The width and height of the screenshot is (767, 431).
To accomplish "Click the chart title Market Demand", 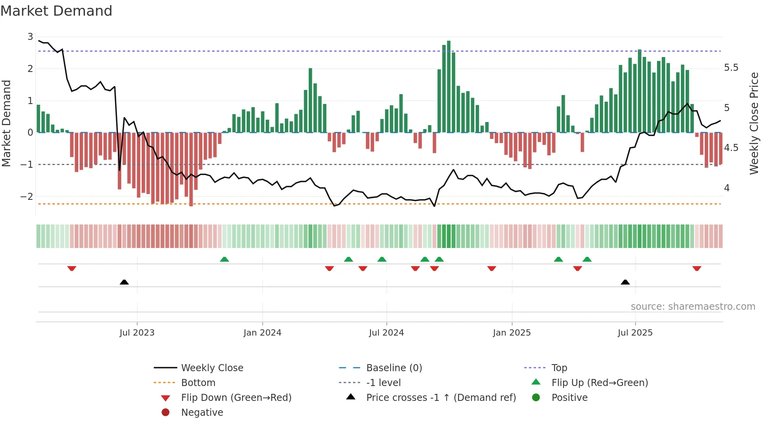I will point(56,11).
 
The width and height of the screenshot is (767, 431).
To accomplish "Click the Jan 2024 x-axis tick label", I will point(262,332).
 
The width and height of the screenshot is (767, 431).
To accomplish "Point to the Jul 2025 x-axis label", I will point(635,332).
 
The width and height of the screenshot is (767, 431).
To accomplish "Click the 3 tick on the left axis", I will point(30,37).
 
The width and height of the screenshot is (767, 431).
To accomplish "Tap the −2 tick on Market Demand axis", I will point(27,196).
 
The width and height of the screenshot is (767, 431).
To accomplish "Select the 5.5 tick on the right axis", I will point(731,68).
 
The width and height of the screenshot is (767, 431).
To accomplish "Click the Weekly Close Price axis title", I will point(754,123).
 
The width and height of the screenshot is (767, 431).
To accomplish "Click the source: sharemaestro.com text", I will point(693,306).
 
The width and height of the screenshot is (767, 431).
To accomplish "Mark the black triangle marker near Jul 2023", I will point(124,282).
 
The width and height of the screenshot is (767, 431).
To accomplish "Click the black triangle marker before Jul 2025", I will point(625,282).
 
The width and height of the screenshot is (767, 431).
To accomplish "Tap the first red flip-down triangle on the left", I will point(72,268).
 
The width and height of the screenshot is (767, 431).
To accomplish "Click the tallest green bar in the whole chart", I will point(448,86).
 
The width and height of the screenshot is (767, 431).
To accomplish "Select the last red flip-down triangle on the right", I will point(697,268).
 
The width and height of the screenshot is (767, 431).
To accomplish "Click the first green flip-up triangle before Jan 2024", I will point(224,259).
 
